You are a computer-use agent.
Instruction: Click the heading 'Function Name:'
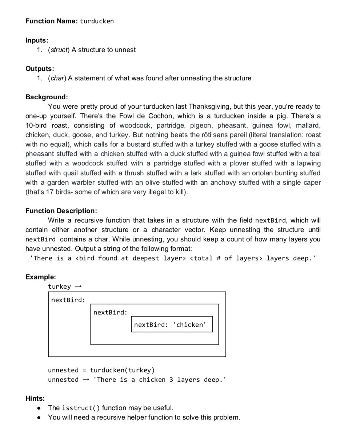pyautogui.click(x=51, y=21)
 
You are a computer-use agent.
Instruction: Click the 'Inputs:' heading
pyautogui.click(x=37, y=40)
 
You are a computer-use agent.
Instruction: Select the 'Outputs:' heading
pyautogui.click(x=40, y=68)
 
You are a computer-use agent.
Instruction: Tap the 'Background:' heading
pyautogui.click(x=47, y=97)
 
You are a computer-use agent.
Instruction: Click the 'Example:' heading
pyautogui.click(x=40, y=277)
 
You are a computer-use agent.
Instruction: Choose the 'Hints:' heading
pyautogui.click(x=35, y=398)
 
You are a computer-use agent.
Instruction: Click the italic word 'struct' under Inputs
pyautogui.click(x=58, y=50)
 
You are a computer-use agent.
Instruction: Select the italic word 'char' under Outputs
pyautogui.click(x=56, y=78)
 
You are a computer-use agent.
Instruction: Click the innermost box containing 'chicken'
pyautogui.click(x=171, y=325)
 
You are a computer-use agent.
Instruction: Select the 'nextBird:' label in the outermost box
pyautogui.click(x=68, y=300)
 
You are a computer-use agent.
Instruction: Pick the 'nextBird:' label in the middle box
pyautogui.click(x=110, y=313)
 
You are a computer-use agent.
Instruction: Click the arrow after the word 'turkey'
pyautogui.click(x=78, y=287)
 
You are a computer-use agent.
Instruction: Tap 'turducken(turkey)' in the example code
pyautogui.click(x=122, y=370)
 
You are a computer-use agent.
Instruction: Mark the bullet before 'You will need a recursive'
pyautogui.click(x=39, y=417)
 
